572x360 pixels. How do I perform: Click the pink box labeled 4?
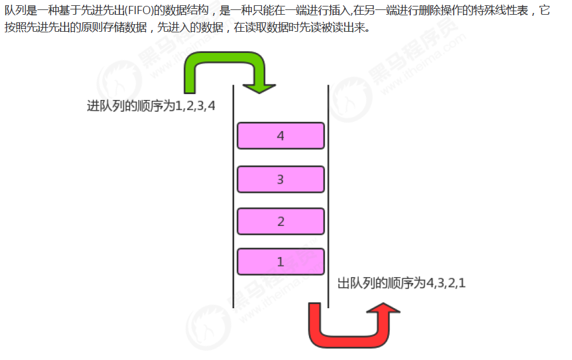[x=280, y=136]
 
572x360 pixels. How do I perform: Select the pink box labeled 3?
[x=280, y=179]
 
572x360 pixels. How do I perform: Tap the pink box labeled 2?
[x=280, y=222]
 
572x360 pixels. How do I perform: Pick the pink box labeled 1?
[x=280, y=262]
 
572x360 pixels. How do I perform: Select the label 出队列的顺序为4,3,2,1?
[x=401, y=283]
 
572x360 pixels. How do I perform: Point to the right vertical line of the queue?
[x=328, y=194]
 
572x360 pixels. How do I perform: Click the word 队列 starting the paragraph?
[x=14, y=11]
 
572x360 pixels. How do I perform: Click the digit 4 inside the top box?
[x=280, y=136]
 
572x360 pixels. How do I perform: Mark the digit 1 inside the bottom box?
[x=280, y=262]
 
